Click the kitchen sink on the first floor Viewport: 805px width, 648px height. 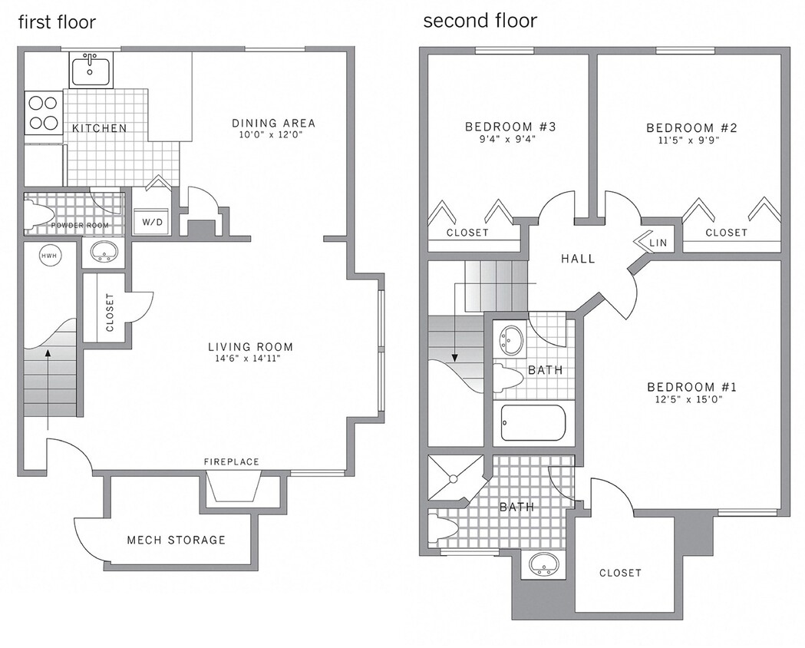(91, 70)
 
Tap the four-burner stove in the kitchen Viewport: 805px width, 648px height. (43, 113)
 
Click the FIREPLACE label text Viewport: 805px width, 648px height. (232, 461)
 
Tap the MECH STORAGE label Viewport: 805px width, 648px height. (177, 540)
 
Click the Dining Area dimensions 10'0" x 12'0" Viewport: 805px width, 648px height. (273, 135)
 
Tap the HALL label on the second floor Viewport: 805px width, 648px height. (578, 259)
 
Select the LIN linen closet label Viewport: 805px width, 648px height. (658, 243)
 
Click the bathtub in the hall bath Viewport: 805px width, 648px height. (533, 423)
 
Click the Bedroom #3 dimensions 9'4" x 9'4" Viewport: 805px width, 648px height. (500, 140)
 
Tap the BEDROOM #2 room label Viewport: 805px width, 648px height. (691, 127)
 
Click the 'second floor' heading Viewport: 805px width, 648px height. (480, 21)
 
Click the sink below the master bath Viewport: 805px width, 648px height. (546, 565)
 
